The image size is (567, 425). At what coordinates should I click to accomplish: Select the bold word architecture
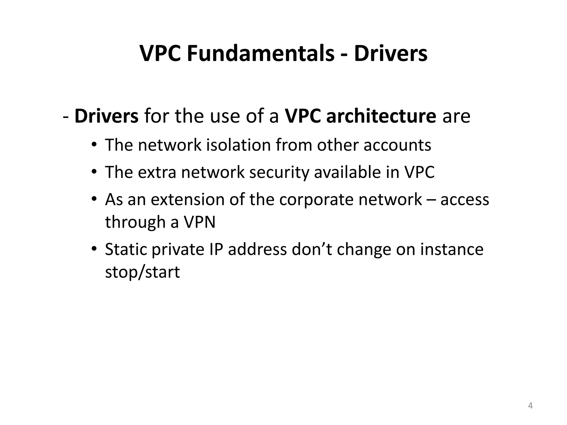tap(381, 116)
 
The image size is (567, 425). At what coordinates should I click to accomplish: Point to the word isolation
tap(238, 145)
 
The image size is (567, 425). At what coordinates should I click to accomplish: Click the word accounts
tap(397, 145)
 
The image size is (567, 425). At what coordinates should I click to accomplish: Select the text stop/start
tap(143, 272)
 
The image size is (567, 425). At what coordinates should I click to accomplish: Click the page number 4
tap(530, 406)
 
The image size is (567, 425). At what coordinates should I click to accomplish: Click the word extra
tap(157, 172)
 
